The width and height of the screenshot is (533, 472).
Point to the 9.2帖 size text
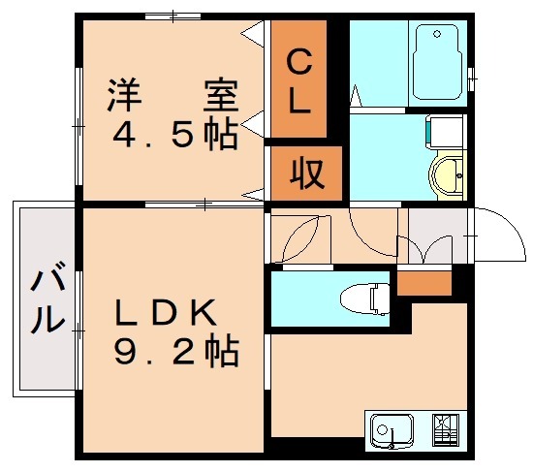175,351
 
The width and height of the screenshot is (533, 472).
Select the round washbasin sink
448,176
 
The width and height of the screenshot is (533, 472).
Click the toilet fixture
372,298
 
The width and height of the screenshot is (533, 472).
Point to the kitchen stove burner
445,429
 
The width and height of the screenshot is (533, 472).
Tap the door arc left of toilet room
298,238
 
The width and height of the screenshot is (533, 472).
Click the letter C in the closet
299,66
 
